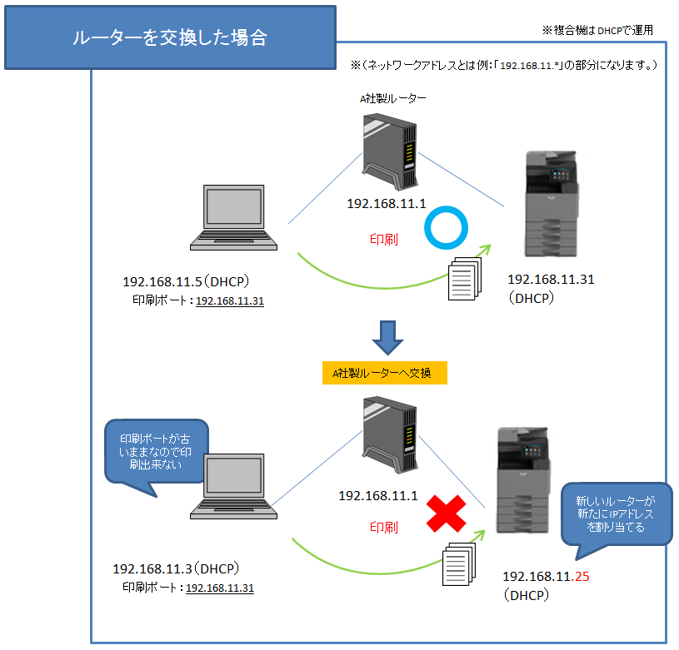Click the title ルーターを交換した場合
pos(170,38)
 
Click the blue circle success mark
pos(446,229)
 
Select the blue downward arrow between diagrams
pos(387,335)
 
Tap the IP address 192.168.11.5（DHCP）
pos(187,281)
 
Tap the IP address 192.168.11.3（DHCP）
pos(177,569)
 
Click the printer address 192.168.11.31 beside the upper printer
pos(551,280)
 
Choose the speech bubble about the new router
pos(615,514)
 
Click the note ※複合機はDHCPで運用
pos(597,30)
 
